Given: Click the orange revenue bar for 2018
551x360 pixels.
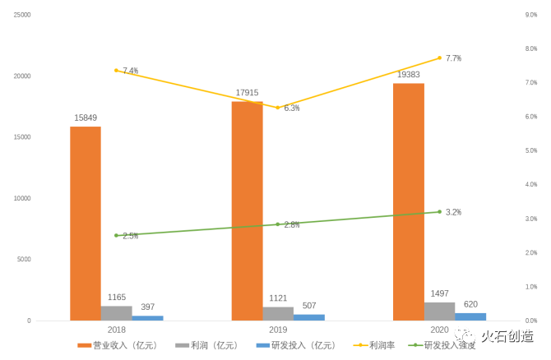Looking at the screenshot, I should pyautogui.click(x=86, y=223).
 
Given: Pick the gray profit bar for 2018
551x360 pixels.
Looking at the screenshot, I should pyautogui.click(x=117, y=313).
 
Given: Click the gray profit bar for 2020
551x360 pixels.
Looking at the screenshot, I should pyautogui.click(x=440, y=312).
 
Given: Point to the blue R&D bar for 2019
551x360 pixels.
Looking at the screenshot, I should pyautogui.click(x=309, y=317).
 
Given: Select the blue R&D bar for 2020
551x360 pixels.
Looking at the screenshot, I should pyautogui.click(x=470, y=316).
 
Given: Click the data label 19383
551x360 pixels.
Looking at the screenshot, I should pyautogui.click(x=410, y=75).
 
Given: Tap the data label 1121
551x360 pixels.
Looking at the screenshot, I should pyautogui.click(x=278, y=298).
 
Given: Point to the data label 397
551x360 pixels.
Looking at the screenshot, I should pyautogui.click(x=146, y=307).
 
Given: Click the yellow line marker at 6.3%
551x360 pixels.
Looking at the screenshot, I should pyautogui.click(x=278, y=108).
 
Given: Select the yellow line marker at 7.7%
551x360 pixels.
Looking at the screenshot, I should pyautogui.click(x=440, y=58).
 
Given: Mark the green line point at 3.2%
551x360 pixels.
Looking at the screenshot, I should pyautogui.click(x=440, y=212).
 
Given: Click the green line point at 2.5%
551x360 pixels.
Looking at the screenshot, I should pyautogui.click(x=117, y=235).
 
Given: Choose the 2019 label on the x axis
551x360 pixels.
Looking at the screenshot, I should pyautogui.click(x=278, y=329).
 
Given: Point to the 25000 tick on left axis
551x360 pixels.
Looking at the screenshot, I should pyautogui.click(x=22, y=15).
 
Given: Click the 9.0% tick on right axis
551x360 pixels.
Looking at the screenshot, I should pyautogui.click(x=531, y=15).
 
